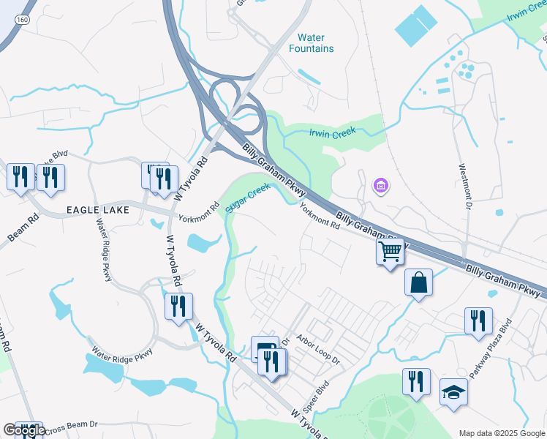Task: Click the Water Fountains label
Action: (x=316, y=43)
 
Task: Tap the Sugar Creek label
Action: (x=247, y=198)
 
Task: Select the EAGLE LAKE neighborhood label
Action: (x=97, y=210)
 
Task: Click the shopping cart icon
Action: (x=391, y=252)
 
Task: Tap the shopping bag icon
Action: (x=418, y=283)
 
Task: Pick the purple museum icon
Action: (x=380, y=187)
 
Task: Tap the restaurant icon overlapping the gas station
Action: (x=272, y=361)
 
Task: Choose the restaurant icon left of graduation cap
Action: (x=416, y=382)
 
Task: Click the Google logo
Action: (x=24, y=430)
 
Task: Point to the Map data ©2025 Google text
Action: (x=501, y=433)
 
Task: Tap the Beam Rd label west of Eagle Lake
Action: (x=23, y=228)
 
